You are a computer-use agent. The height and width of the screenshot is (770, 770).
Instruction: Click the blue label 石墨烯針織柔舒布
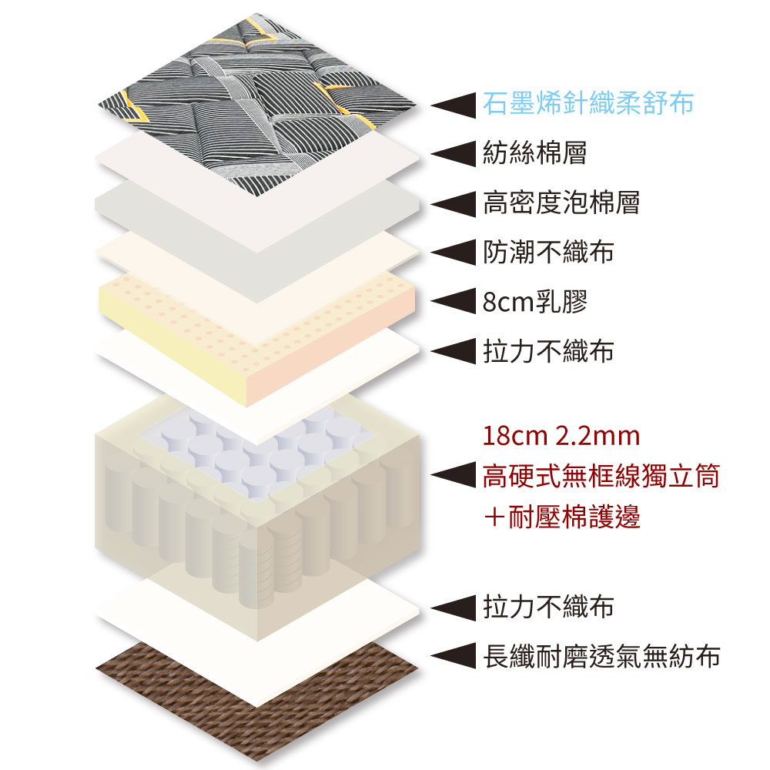(588, 103)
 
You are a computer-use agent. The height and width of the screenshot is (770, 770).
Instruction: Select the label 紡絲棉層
(534, 152)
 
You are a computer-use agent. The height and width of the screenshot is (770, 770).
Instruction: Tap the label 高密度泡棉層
(561, 203)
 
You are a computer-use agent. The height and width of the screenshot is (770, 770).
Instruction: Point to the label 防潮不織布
(548, 252)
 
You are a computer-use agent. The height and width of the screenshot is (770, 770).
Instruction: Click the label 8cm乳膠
(535, 302)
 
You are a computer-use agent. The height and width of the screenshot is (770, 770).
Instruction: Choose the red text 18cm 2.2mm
(561, 437)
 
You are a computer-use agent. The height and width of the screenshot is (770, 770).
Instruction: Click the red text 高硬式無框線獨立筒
(601, 477)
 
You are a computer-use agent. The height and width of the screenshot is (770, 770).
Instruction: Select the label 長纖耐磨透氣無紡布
(601, 657)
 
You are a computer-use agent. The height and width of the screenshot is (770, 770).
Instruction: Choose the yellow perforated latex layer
(254, 323)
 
